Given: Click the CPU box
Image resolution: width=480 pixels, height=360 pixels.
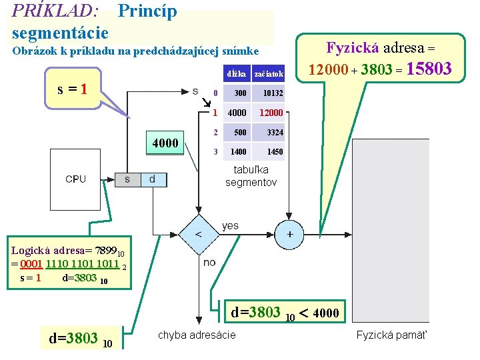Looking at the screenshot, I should [75, 179].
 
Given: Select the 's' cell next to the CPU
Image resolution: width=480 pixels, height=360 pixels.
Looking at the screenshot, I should [127, 179].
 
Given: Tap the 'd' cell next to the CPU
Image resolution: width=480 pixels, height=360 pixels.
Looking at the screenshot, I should [153, 179].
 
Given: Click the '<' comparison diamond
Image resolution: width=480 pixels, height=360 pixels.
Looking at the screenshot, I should [197, 234].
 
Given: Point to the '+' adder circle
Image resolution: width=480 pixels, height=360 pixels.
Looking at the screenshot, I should [290, 234].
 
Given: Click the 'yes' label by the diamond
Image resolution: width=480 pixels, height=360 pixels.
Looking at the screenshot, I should [230, 226].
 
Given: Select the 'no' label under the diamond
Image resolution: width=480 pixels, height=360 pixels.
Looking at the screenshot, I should [209, 262].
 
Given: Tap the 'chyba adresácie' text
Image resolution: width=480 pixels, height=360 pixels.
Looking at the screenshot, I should [197, 335].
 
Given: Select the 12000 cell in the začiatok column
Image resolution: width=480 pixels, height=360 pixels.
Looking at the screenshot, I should [271, 113].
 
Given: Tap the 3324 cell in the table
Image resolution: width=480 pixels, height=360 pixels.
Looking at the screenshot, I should [274, 132].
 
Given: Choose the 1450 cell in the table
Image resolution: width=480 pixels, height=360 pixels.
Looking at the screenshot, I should [274, 152].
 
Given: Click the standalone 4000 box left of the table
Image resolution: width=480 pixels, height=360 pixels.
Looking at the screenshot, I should [165, 143].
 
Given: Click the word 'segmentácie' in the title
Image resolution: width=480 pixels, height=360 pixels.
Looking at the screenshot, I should [60, 31].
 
